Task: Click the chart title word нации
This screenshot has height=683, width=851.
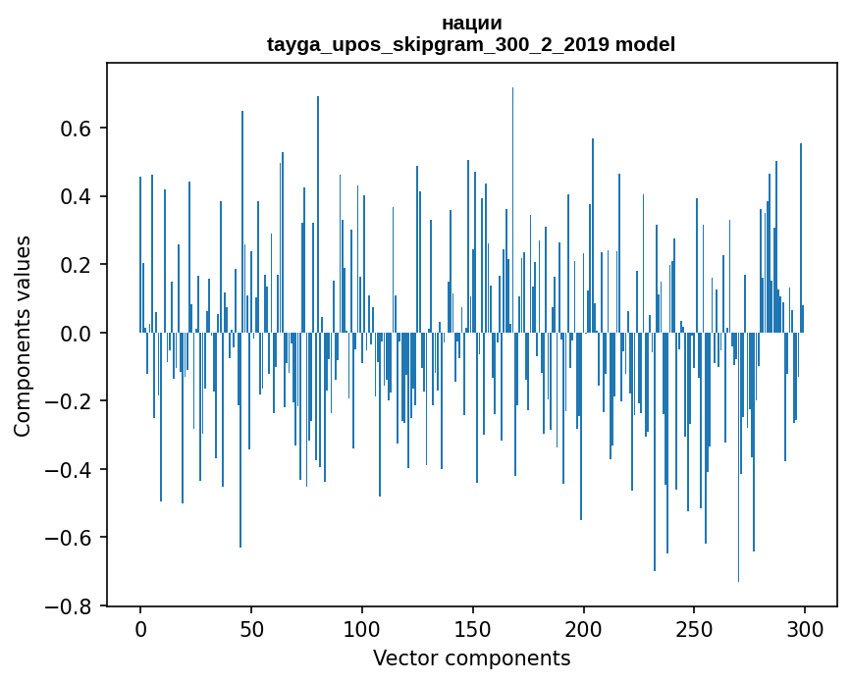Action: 471,23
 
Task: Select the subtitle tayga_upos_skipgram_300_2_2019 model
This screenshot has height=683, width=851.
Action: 471,44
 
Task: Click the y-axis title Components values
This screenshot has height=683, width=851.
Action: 23,336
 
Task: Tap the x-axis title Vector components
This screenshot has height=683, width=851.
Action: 471,657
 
